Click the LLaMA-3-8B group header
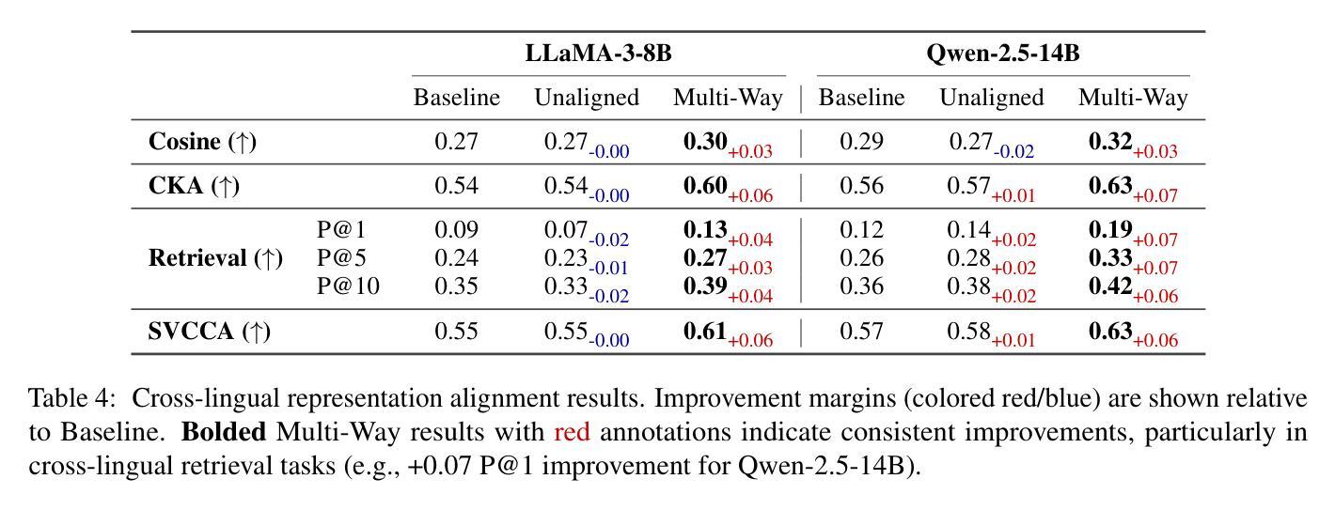(x=598, y=54)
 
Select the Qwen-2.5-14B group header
(x=1002, y=54)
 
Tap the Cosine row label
(x=202, y=142)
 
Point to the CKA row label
(x=194, y=186)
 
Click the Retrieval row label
(x=215, y=258)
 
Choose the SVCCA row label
(x=210, y=332)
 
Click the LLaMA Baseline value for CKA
(x=456, y=186)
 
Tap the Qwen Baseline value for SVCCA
(x=860, y=332)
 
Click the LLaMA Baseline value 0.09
(x=456, y=230)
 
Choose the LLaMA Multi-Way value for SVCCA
(x=705, y=332)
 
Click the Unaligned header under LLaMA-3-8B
(x=586, y=98)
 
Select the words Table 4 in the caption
(x=71, y=399)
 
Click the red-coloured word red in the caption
(x=572, y=433)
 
